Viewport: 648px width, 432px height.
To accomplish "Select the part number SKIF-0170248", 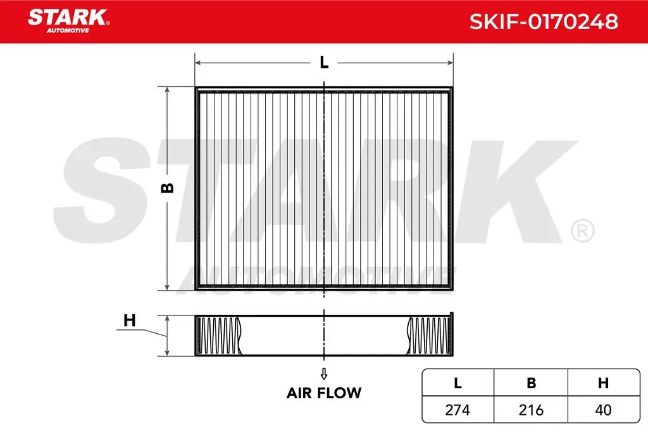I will point(543,22).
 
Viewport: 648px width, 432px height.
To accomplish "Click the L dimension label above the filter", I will point(324,62).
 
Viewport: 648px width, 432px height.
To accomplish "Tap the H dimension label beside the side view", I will point(130,321).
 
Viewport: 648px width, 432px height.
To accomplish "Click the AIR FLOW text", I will point(324,393).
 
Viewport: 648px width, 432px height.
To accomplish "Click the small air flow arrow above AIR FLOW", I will point(324,372).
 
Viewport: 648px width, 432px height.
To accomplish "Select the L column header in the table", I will point(458,383).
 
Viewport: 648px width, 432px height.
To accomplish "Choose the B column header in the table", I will point(531,383).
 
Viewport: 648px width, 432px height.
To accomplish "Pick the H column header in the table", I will point(603,383).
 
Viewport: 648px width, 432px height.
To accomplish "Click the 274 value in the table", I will point(458,410).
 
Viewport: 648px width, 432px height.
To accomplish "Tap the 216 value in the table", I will point(531,410).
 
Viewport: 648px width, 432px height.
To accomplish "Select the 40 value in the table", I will point(603,410).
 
